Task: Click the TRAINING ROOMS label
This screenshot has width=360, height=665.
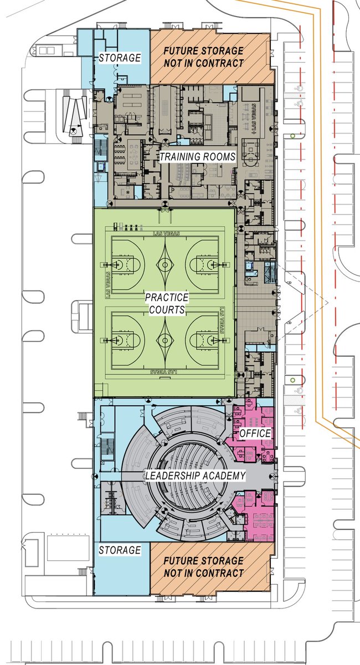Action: [x=198, y=157]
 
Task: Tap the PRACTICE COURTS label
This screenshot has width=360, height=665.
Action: [x=167, y=303]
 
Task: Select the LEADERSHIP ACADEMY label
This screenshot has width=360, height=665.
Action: [x=194, y=475]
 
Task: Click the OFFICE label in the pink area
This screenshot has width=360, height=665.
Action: [x=255, y=433]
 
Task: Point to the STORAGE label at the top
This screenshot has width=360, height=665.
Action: [x=120, y=58]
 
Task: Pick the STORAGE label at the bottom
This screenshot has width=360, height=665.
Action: [x=120, y=550]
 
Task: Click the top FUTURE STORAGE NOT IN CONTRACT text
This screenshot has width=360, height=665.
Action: [x=203, y=57]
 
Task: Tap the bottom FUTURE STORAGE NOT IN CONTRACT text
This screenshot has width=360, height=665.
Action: [x=203, y=567]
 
